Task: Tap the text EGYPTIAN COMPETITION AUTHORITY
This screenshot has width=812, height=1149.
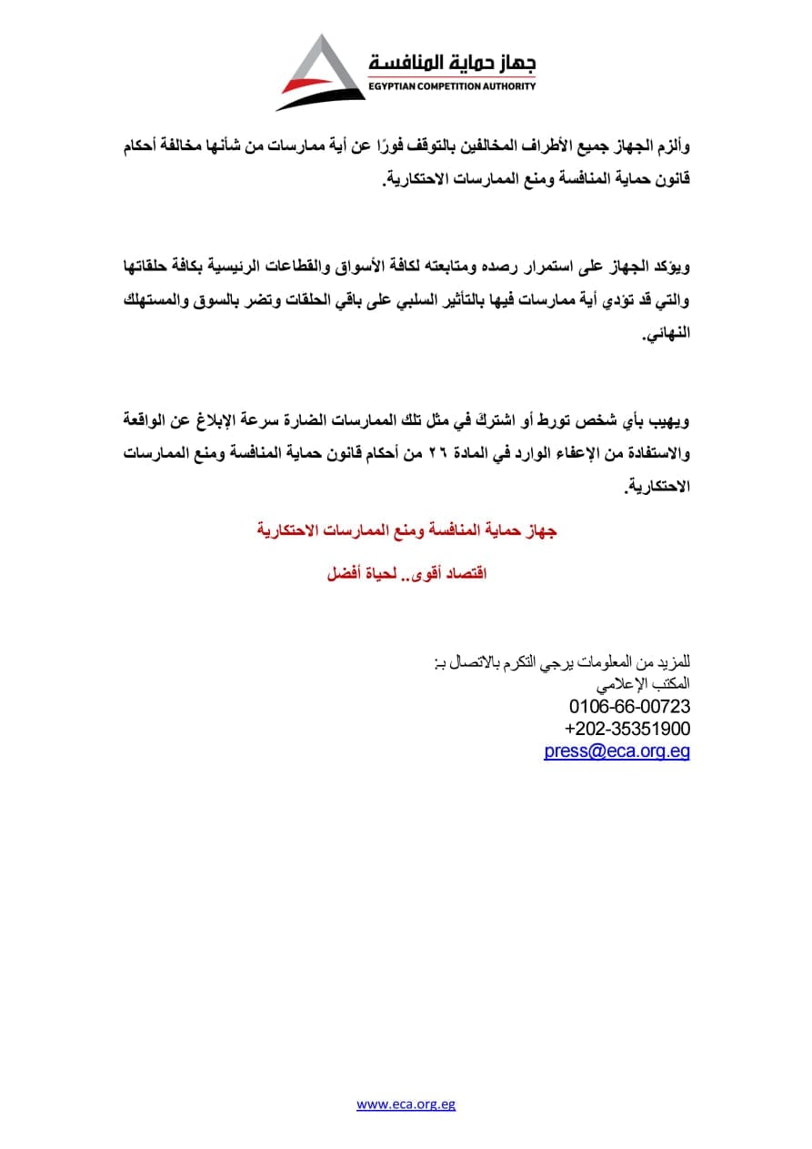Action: tap(451, 86)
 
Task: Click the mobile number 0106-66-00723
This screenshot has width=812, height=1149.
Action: tap(630, 706)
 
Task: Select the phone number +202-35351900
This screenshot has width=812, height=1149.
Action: tap(627, 729)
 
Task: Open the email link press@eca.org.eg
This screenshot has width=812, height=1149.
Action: tap(617, 751)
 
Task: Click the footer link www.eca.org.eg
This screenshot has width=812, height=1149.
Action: tap(406, 1104)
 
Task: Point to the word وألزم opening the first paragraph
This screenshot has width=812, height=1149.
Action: tap(671, 146)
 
